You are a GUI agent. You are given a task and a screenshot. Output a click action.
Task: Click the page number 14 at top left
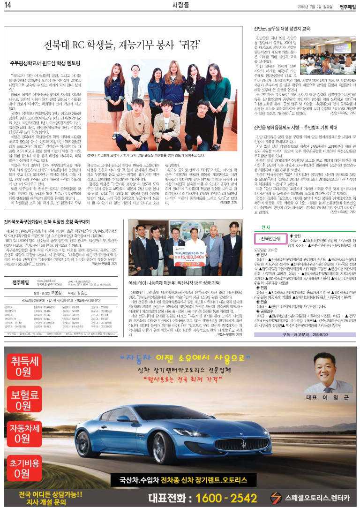[x=8, y=5]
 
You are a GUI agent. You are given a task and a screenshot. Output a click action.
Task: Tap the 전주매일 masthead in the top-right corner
[x=347, y=5]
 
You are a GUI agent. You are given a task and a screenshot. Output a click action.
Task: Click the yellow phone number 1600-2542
[x=231, y=497]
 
